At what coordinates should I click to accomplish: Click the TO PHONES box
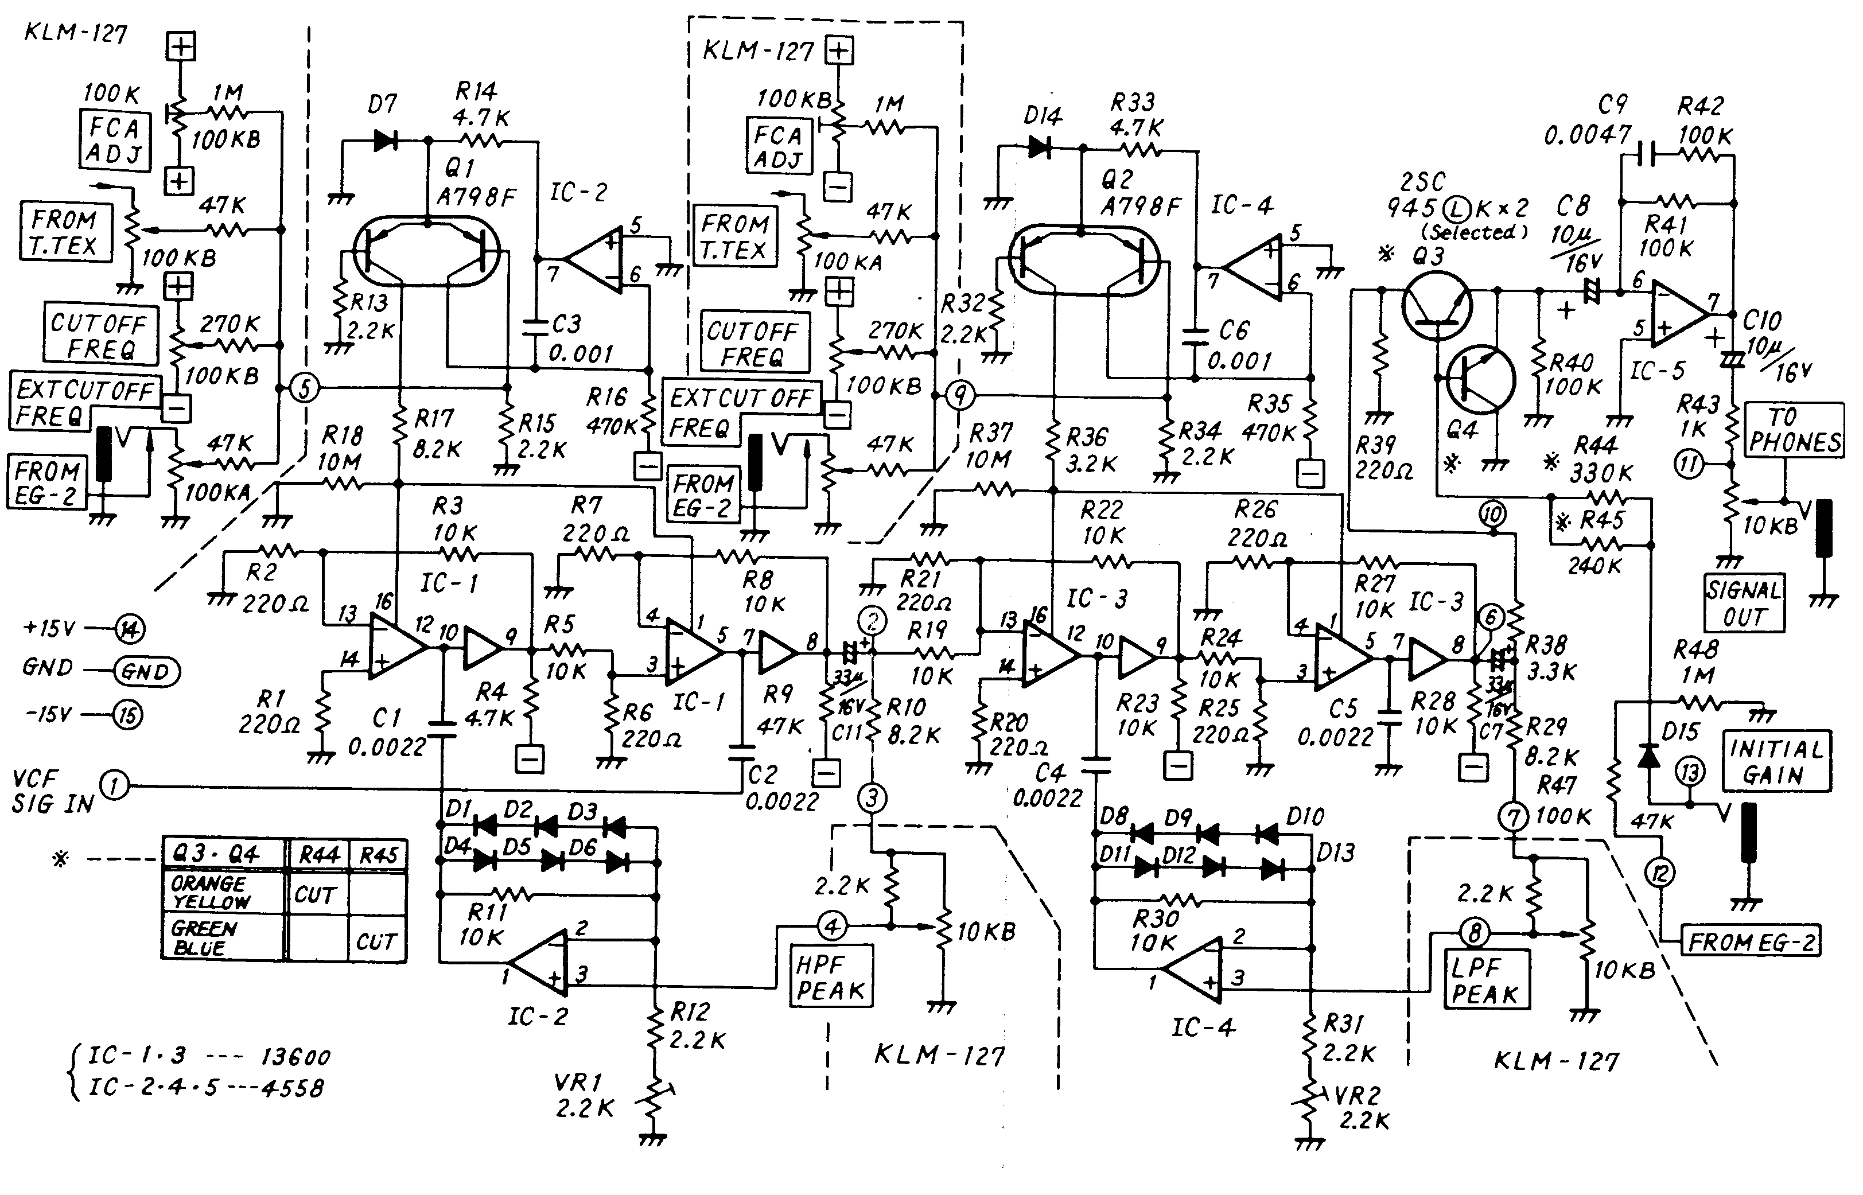[1794, 429]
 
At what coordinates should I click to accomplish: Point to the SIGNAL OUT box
[1744, 603]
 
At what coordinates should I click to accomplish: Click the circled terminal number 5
[304, 387]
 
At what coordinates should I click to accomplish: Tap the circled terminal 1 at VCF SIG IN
[115, 786]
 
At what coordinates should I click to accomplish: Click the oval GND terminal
[147, 671]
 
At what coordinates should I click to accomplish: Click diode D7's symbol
[386, 141]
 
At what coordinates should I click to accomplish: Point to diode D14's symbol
[1039, 147]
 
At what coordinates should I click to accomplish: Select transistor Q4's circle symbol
[1480, 379]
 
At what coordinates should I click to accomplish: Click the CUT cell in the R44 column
[315, 896]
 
